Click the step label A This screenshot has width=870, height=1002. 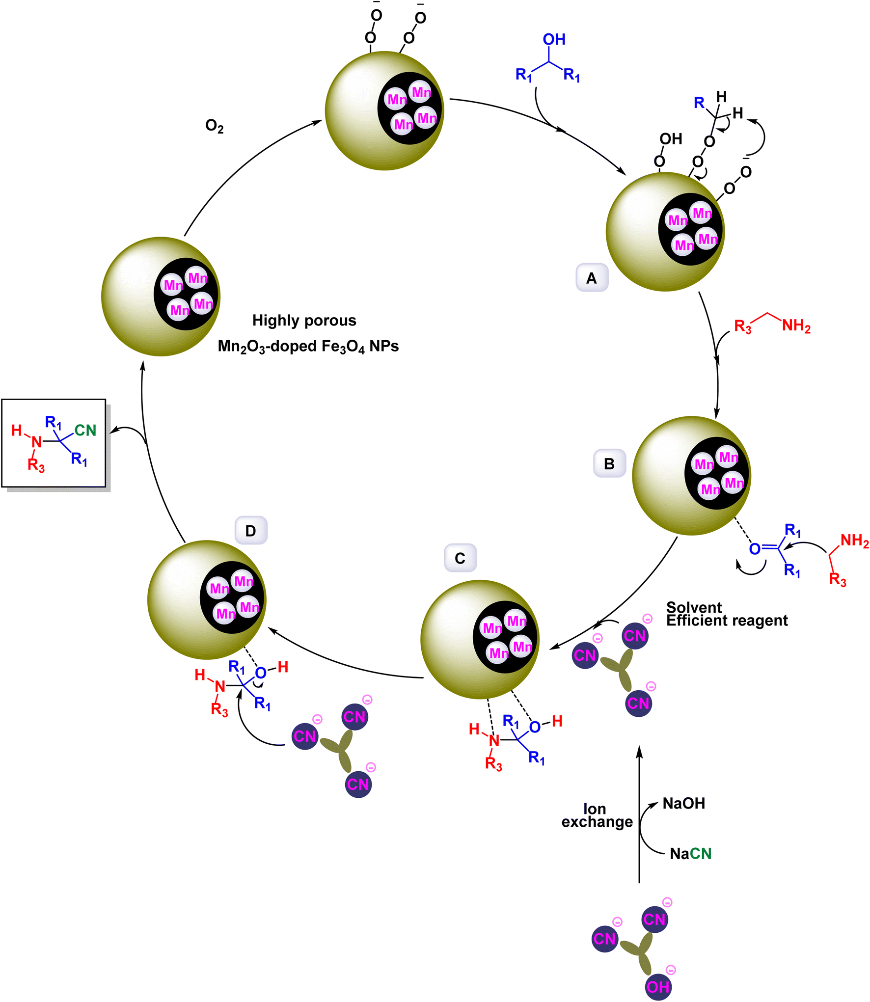[592, 278]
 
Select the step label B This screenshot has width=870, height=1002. [609, 463]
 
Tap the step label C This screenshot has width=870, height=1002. [460, 558]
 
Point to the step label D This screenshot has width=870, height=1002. [250, 530]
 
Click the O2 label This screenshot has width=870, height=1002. [215, 127]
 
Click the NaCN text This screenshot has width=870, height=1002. [690, 853]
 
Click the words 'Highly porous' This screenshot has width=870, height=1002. [304, 321]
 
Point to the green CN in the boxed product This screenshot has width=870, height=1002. [85, 430]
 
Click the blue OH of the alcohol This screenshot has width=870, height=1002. [554, 39]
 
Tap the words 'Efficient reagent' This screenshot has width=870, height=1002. [727, 621]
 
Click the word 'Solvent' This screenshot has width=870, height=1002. [694, 607]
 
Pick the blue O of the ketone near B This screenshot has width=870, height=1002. [755, 549]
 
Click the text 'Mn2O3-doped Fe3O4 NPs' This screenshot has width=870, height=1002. [308, 347]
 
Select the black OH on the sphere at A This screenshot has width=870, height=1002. [671, 139]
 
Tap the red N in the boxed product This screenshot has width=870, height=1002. [37, 442]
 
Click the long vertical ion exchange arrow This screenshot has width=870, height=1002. [639, 815]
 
